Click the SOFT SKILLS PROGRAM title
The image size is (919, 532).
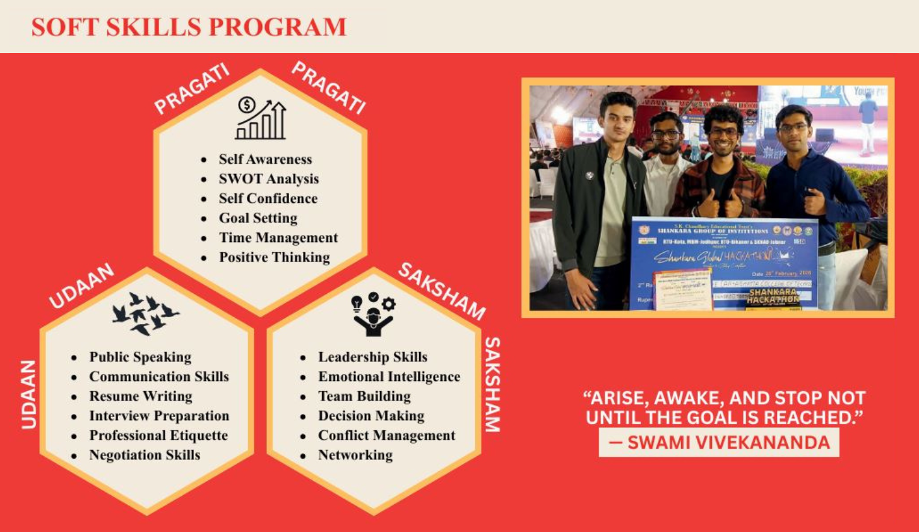pos(189,27)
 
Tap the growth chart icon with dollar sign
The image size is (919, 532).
pos(261,118)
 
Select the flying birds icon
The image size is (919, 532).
pos(145,313)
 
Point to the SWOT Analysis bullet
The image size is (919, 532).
pos(268,179)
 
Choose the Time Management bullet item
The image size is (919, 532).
pos(278,238)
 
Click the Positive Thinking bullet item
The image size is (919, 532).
pos(274,257)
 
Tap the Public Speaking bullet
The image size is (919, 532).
pos(140,357)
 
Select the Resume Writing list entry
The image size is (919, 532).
pos(140,396)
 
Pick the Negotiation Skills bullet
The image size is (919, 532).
pos(145,455)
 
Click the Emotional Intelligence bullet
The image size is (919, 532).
pos(389,377)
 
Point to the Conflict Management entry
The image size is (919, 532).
pos(386,435)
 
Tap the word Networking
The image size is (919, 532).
pos(355,455)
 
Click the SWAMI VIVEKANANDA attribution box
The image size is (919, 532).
pos(719,442)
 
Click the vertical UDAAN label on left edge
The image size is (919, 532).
pos(29,394)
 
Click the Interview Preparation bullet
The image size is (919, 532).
pos(159,416)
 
